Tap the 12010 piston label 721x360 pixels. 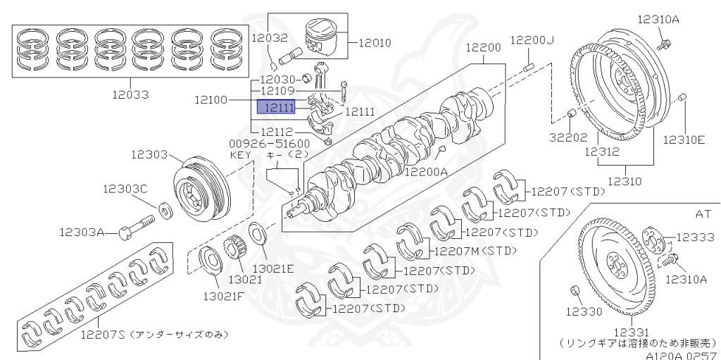(374, 42)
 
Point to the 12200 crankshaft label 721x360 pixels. (483, 48)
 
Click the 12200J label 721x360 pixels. (532, 40)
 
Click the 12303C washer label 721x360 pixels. (125, 189)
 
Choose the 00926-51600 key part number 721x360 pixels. (259, 142)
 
